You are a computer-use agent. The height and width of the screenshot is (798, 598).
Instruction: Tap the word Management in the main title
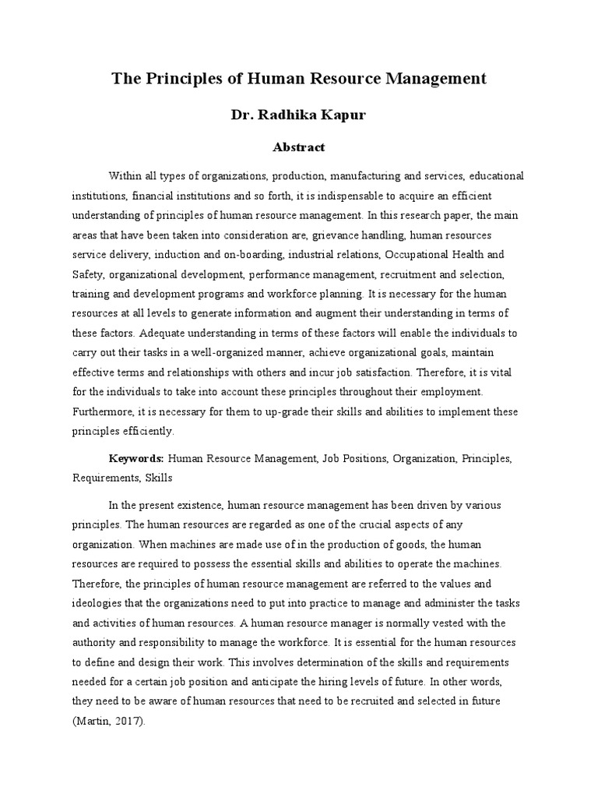427,79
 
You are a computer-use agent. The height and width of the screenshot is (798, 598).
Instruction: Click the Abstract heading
299,147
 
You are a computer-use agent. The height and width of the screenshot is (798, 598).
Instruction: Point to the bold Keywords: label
135,460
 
